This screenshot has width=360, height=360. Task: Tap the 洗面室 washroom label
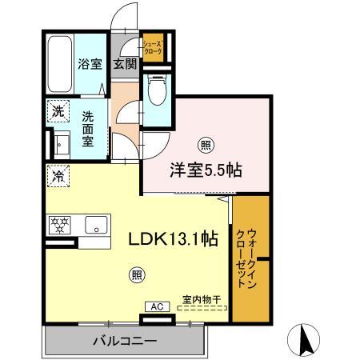coord(88,126)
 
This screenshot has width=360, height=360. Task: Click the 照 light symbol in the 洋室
coord(205,145)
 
